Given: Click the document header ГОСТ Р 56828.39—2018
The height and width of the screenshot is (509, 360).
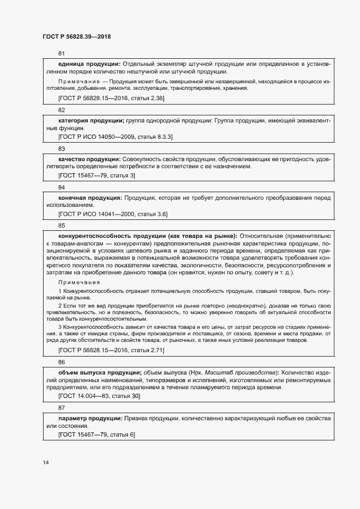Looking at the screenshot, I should click(76, 36).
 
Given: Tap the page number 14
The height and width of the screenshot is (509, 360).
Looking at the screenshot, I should click(45, 463).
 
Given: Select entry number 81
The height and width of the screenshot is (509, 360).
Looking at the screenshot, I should click(62, 53).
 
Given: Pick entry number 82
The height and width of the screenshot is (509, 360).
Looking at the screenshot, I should click(62, 110).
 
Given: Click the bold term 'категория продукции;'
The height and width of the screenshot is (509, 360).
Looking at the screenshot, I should click(91, 120).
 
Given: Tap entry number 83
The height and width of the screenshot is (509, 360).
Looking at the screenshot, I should click(62, 149).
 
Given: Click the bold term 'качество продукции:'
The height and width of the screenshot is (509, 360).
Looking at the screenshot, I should click(89, 159).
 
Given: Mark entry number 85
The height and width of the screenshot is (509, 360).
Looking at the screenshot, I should click(62, 225).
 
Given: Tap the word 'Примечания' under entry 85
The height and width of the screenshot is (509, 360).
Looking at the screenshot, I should click(78, 282).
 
